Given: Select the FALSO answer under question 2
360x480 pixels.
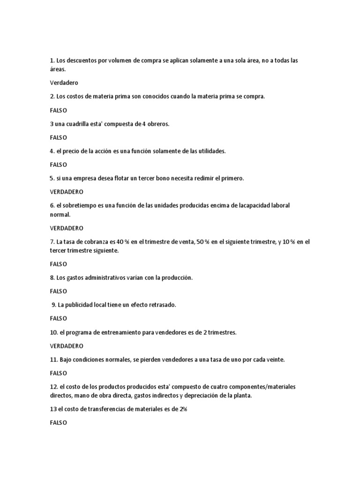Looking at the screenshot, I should coord(59,110).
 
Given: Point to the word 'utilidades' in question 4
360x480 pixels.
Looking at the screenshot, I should coord(210,151).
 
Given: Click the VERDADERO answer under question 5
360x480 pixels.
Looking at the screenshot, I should coord(67,192).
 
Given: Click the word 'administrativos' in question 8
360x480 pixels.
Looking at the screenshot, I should coord(105,277).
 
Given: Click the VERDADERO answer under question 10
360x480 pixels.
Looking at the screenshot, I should coord(67,346).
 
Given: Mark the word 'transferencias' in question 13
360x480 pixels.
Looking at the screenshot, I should coord(114,409).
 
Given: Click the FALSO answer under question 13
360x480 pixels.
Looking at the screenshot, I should coord(59,422).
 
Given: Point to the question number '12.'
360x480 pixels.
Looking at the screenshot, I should coord(54,387).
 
